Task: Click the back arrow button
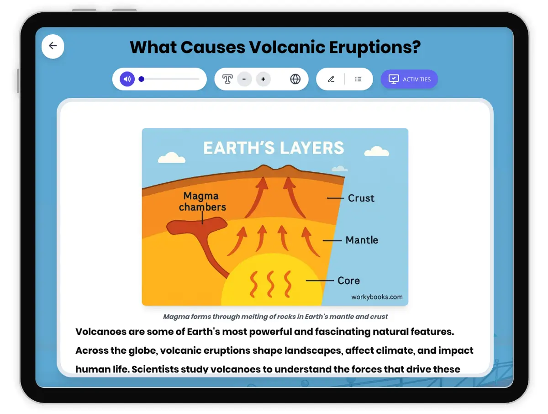(53, 47)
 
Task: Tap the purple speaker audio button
(127, 79)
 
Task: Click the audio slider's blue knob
(141, 79)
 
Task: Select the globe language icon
(295, 79)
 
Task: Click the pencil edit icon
(331, 79)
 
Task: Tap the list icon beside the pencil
(358, 79)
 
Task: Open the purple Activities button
(409, 79)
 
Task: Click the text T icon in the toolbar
(227, 79)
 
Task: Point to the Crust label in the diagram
(361, 198)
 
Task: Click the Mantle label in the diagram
(362, 240)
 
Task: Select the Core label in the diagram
(348, 281)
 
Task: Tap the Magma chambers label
(202, 202)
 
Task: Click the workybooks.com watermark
(377, 297)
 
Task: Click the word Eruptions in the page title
(375, 47)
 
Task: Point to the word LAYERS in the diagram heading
(312, 148)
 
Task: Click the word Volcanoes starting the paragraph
(100, 332)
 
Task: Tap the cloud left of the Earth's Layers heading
(172, 158)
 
